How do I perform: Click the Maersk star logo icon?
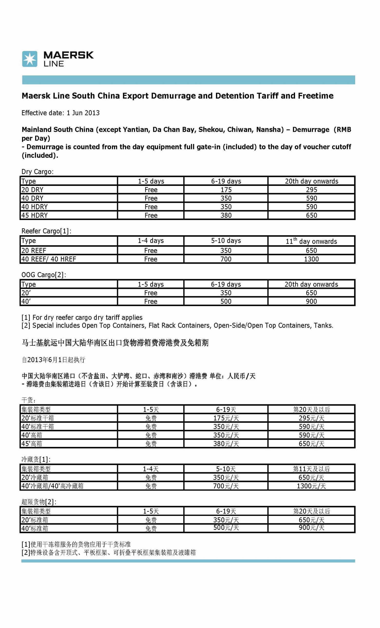point(30,59)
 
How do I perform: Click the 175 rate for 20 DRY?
point(226,190)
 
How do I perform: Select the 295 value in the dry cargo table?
point(311,190)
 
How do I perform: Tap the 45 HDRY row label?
point(34,215)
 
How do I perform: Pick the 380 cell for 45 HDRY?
point(226,215)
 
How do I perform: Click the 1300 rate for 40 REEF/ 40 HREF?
point(311,259)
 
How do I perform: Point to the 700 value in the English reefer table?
point(226,259)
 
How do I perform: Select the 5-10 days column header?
point(226,241)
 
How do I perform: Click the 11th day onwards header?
point(311,241)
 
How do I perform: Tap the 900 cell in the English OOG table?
point(311,301)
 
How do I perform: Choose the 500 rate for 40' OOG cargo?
point(226,301)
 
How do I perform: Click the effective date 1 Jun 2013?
point(83,113)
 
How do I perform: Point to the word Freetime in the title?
point(316,96)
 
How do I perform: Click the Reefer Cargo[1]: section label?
point(46,231)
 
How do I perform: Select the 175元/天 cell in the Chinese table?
point(226,418)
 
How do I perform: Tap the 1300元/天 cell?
point(311,486)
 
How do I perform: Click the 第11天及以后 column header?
point(311,469)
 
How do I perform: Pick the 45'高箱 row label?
point(32,444)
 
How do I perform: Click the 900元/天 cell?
point(311,528)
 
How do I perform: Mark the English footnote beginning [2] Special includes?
point(177,325)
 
